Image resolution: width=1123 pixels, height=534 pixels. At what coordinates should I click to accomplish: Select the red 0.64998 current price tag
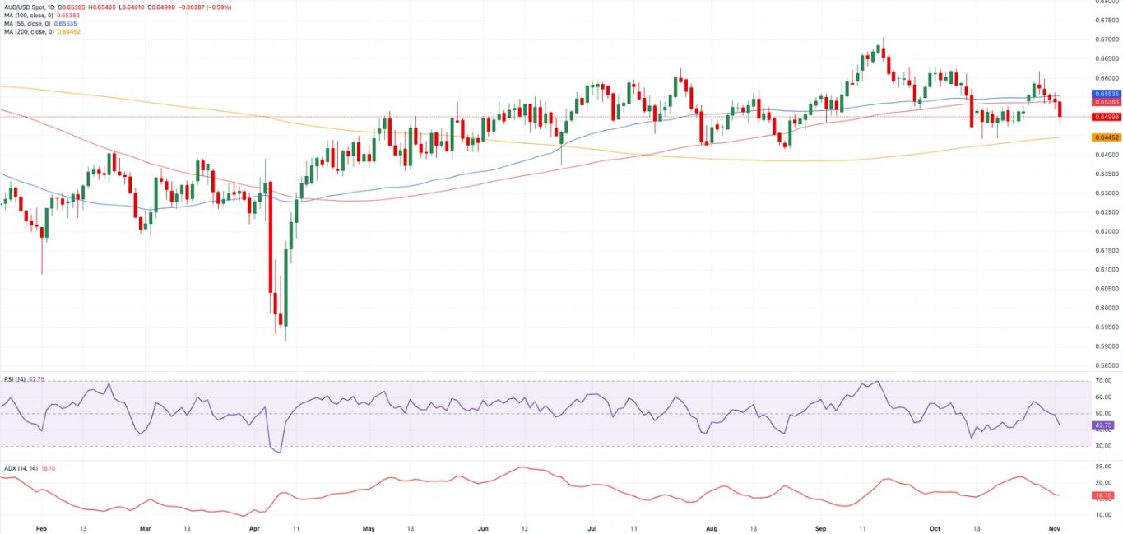pyautogui.click(x=1105, y=117)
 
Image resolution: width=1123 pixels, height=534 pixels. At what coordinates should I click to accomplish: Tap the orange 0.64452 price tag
pyautogui.click(x=1105, y=137)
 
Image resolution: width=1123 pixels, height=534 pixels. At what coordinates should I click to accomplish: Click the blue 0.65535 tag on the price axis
pyautogui.click(x=1105, y=95)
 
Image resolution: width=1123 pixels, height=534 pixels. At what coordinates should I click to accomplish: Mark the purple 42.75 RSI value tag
pyautogui.click(x=1103, y=425)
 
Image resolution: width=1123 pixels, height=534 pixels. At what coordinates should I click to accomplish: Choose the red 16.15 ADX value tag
pyautogui.click(x=1103, y=496)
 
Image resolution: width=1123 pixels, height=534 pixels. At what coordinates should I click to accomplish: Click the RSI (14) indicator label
pyautogui.click(x=14, y=379)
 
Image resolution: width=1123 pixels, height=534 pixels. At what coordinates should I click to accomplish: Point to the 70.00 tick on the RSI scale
pyautogui.click(x=1104, y=382)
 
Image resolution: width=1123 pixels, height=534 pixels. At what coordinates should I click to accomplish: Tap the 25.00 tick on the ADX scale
pyautogui.click(x=1104, y=467)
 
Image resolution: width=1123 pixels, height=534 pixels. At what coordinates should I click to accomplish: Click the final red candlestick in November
pyautogui.click(x=1060, y=109)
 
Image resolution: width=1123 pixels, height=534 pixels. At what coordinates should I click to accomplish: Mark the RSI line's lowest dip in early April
pyautogui.click(x=281, y=453)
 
